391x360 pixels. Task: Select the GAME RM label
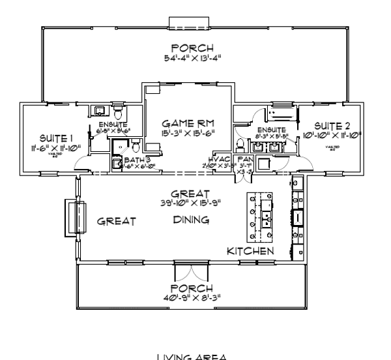tap(188, 123)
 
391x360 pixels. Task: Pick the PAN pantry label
tap(244, 158)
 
